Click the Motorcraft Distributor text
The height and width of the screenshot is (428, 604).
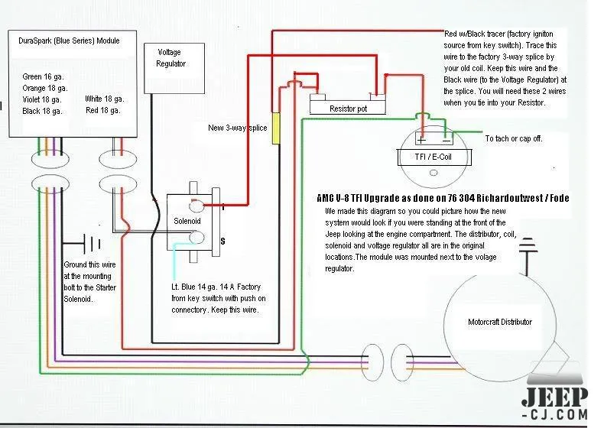click(x=499, y=322)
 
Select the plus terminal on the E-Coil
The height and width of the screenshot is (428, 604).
click(x=421, y=140)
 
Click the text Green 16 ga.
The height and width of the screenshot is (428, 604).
click(x=43, y=77)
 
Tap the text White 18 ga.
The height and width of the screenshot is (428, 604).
click(x=105, y=99)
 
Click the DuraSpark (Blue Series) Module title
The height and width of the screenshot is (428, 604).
click(x=68, y=39)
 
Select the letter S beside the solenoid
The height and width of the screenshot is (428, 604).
click(x=222, y=240)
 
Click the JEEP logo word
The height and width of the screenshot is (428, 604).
click(x=555, y=398)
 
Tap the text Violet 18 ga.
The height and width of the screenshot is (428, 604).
click(x=42, y=99)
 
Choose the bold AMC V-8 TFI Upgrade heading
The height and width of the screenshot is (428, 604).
click(x=443, y=198)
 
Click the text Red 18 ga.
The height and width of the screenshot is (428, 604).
click(x=102, y=111)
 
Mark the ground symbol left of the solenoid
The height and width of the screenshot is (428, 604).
click(x=93, y=244)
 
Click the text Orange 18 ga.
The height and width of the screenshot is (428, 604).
click(x=44, y=89)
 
